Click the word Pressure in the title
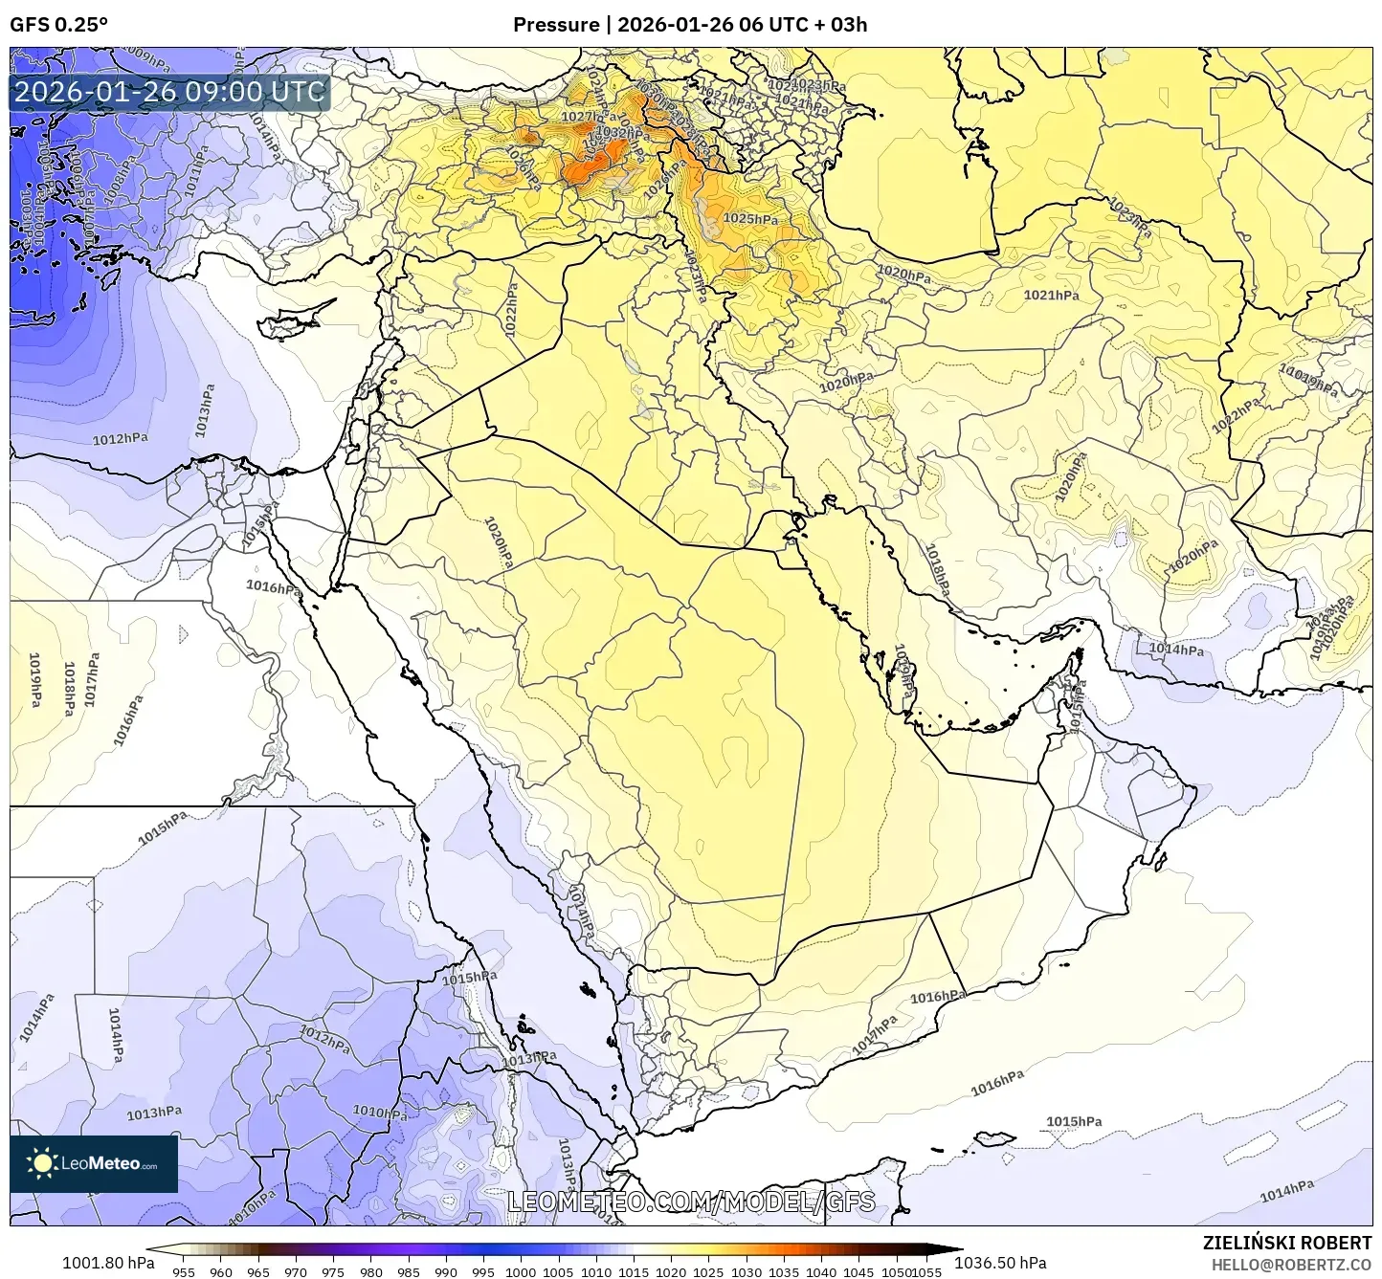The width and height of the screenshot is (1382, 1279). coord(555,25)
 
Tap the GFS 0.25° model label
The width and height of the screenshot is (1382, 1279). coord(58,25)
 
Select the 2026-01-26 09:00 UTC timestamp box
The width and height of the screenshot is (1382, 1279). coord(169,92)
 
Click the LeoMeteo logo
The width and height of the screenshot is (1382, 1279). coord(93,1163)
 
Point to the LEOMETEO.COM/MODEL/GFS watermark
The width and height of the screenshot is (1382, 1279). coord(690,1202)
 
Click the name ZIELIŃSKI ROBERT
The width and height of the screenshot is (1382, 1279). coord(1287,1243)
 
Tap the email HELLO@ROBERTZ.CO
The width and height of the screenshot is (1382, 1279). coord(1291,1264)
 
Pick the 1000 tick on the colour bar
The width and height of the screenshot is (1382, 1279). coord(521,1271)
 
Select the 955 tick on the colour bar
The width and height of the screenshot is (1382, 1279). coord(183,1271)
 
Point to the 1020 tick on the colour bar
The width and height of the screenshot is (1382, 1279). coord(671,1271)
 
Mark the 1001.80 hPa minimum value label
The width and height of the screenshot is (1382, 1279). coord(107,1262)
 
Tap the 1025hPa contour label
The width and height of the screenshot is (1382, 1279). coord(750,219)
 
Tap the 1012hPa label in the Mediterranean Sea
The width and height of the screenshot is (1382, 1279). coord(120,439)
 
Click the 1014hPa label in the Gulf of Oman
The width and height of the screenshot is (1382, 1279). coord(1176,650)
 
